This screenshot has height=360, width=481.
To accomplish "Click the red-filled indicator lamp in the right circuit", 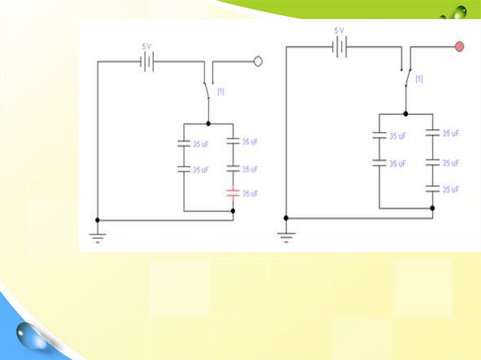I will [x=459, y=46].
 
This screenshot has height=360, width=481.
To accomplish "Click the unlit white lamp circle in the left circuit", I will [x=257, y=61].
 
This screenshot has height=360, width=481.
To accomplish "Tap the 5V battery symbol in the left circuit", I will [x=147, y=61].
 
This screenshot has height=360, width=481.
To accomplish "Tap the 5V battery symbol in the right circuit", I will [x=339, y=47].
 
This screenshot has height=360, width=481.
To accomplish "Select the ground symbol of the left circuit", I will [x=98, y=237].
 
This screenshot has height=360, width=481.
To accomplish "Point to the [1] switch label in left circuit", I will [x=220, y=92].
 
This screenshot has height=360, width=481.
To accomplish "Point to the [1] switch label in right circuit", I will [x=419, y=79].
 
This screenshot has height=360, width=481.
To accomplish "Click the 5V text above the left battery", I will [x=147, y=47].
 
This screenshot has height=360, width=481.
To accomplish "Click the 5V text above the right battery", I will [x=339, y=31].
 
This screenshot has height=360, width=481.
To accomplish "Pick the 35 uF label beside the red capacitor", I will [x=250, y=193].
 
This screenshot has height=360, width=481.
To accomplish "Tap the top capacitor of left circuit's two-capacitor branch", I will [x=184, y=144].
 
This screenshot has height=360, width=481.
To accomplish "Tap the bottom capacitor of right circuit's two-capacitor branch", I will [x=379, y=162].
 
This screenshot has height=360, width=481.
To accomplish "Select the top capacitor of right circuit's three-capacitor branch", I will [x=433, y=133].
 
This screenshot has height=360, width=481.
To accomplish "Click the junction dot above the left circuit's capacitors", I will [x=208, y=123].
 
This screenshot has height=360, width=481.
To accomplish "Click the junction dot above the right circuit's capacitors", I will [x=405, y=114].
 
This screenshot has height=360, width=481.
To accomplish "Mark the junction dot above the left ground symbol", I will [x=98, y=220].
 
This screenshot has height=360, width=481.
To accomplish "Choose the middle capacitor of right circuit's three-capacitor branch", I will [x=433, y=162].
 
